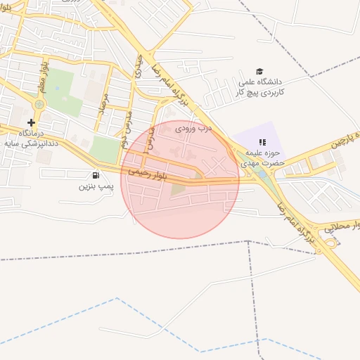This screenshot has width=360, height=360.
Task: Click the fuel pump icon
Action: tap(95, 175)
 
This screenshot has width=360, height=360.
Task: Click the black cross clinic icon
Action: tap(31, 122)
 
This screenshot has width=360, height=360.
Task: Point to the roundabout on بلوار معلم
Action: tap(39, 104)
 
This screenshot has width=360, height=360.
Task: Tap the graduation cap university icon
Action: tap(259, 72)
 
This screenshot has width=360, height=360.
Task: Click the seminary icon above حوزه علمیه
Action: tap(262, 143)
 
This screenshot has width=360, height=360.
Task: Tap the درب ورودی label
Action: tap(193, 129)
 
